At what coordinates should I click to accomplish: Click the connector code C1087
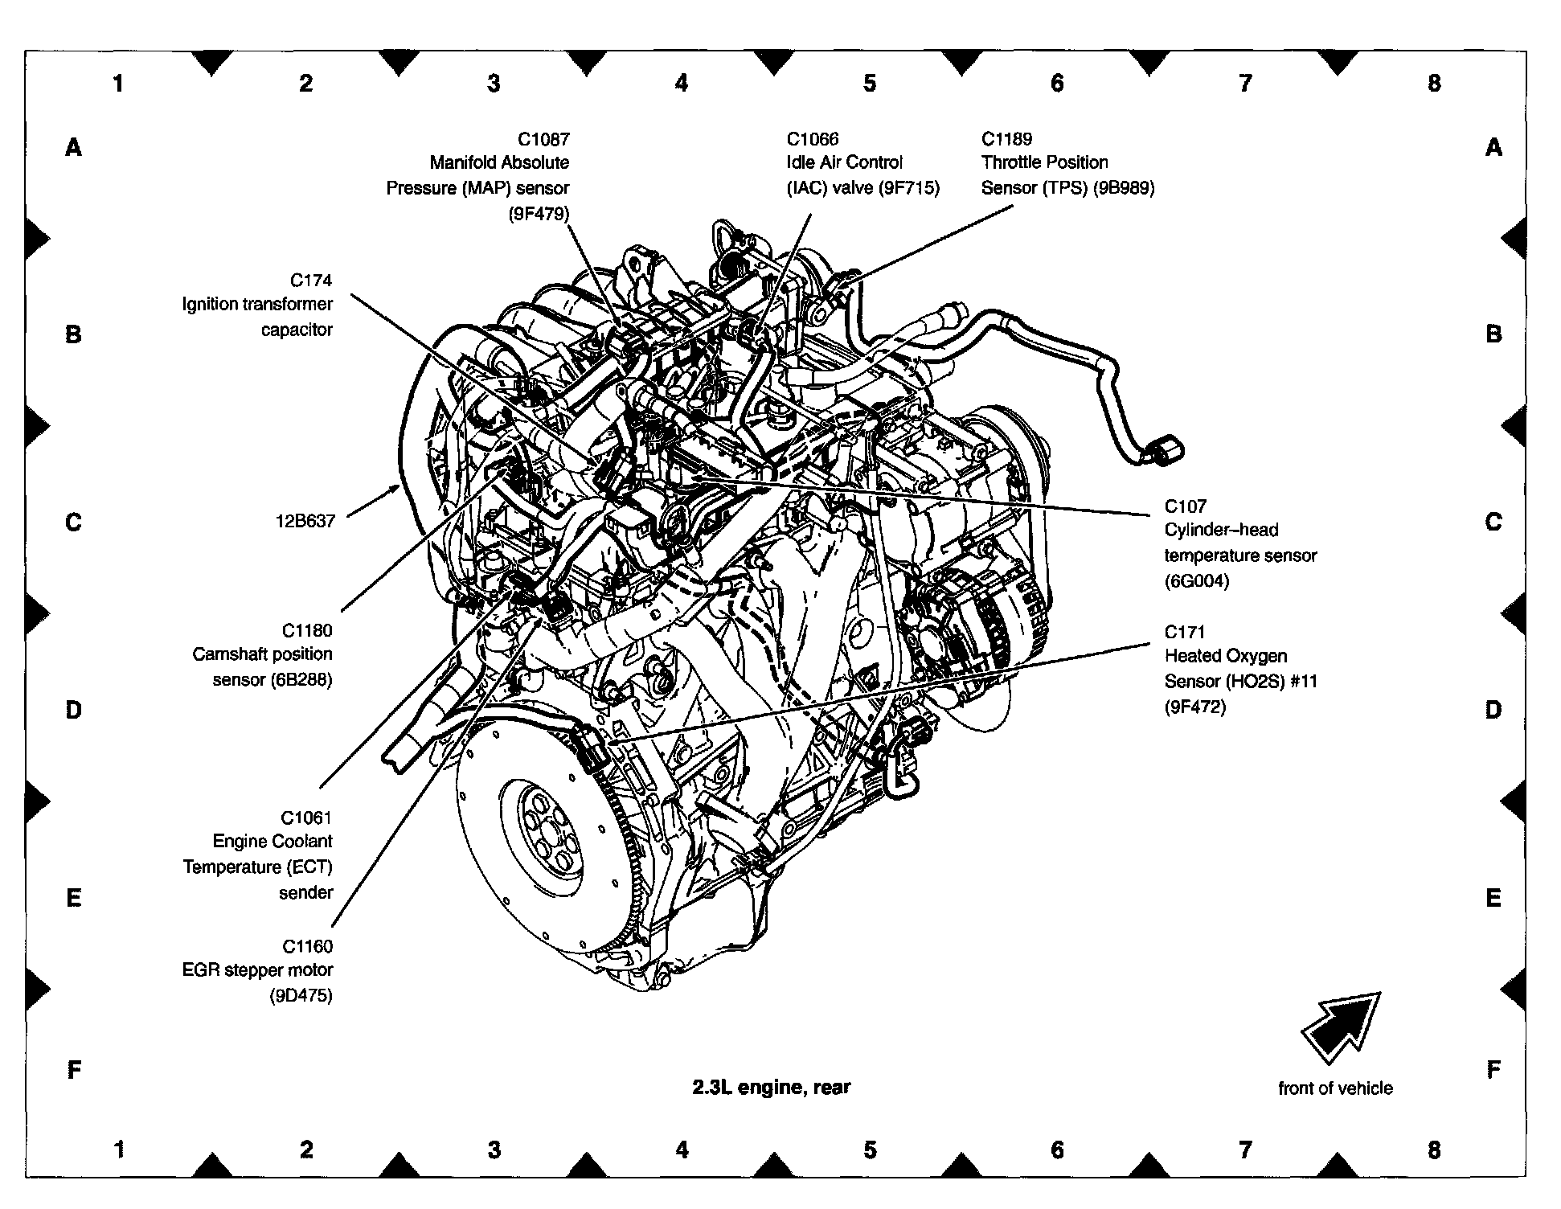[543, 138]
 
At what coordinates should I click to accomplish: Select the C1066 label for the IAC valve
[812, 138]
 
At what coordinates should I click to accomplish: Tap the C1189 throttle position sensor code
[1006, 138]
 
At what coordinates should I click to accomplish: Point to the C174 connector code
[310, 280]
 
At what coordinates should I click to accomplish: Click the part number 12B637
[305, 521]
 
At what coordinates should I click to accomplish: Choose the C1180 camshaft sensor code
[306, 630]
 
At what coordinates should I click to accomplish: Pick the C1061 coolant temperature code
[306, 818]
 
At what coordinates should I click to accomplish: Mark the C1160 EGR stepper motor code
[306, 946]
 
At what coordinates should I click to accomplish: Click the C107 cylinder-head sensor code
[1185, 506]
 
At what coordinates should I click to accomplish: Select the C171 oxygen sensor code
[1185, 632]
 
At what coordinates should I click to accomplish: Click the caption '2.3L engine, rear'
[771, 1088]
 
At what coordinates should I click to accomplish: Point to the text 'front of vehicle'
[1335, 1088]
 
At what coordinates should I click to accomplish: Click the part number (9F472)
[1195, 707]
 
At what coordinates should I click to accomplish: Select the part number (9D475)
[301, 996]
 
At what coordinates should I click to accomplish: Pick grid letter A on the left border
[73, 148]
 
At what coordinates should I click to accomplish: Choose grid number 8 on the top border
[1434, 83]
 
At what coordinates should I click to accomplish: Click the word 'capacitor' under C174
[297, 330]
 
